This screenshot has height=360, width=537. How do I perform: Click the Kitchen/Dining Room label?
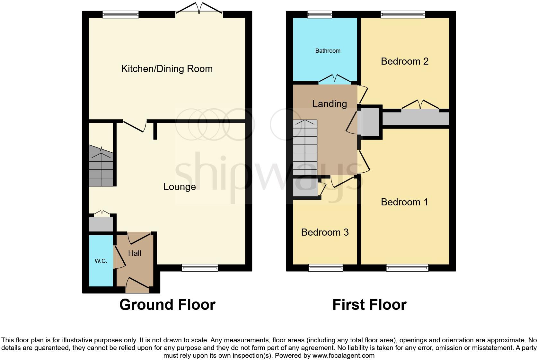pyautogui.click(x=167, y=69)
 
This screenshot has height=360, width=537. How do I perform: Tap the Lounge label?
pyautogui.click(x=180, y=187)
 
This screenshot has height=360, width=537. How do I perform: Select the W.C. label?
pyautogui.click(x=101, y=261)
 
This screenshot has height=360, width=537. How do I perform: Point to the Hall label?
pyautogui.click(x=135, y=253)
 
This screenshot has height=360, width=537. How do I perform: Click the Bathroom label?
pyautogui.click(x=328, y=51)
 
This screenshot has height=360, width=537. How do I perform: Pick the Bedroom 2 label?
pyautogui.click(x=404, y=61)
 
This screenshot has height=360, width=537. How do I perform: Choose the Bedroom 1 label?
pyautogui.click(x=404, y=202)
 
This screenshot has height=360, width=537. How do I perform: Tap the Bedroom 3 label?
pyautogui.click(x=325, y=232)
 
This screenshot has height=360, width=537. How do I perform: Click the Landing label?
pyautogui.click(x=330, y=104)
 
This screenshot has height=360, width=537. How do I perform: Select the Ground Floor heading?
pyautogui.click(x=167, y=305)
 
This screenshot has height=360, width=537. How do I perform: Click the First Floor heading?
pyautogui.click(x=369, y=305)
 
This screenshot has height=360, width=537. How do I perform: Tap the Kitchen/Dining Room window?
pyautogui.click(x=120, y=14)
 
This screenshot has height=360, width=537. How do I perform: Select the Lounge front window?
pyautogui.click(x=199, y=267)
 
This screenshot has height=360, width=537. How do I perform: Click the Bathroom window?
pyautogui.click(x=320, y=14)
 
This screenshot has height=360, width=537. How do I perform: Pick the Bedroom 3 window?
pyautogui.click(x=325, y=267)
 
